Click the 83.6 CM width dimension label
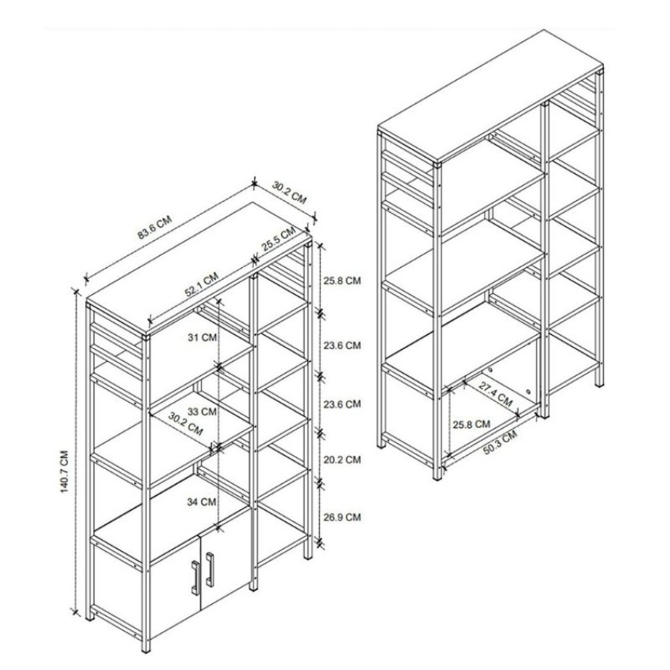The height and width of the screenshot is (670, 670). (154, 228)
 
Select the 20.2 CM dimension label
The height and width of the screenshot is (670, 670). (342, 460)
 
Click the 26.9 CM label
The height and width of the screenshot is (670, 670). (342, 517)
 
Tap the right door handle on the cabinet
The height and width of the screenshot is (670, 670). (210, 569)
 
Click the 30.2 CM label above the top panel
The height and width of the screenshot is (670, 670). (289, 192)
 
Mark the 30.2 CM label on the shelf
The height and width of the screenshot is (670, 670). (184, 426)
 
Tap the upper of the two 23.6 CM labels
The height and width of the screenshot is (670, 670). (342, 345)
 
